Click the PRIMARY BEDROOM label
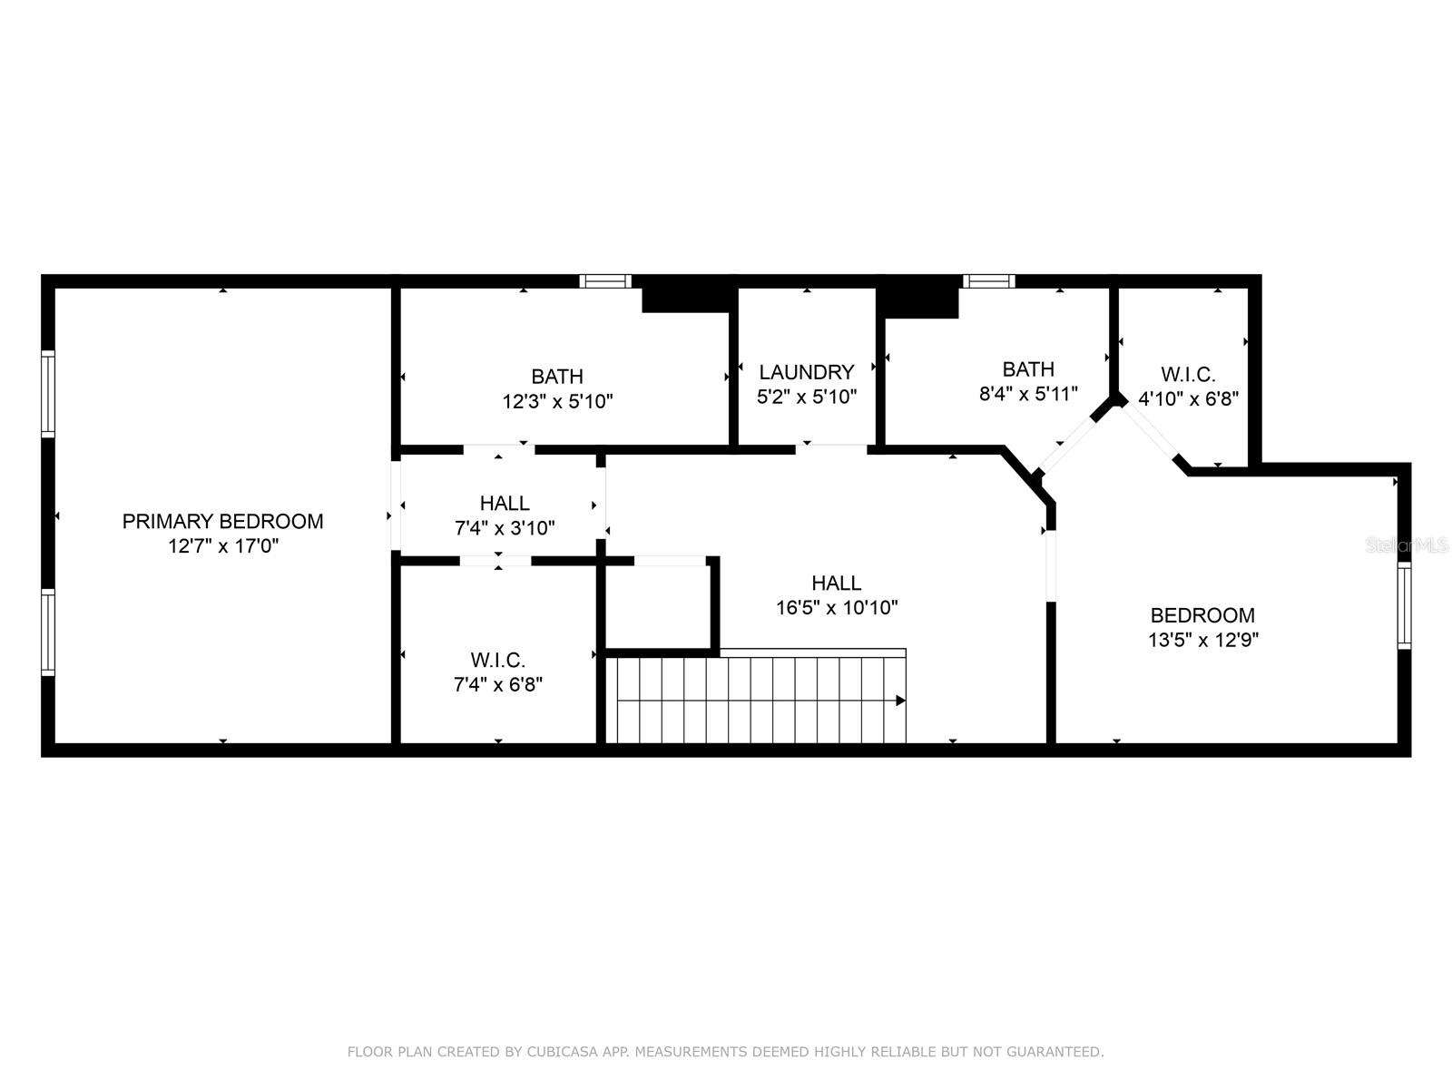pyautogui.click(x=223, y=521)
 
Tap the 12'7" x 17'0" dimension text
pyautogui.click(x=223, y=546)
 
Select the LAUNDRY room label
pyautogui.click(x=807, y=371)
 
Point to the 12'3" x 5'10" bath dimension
pyautogui.click(x=557, y=401)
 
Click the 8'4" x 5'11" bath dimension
pyautogui.click(x=1028, y=394)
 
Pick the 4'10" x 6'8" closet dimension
pyautogui.click(x=1188, y=398)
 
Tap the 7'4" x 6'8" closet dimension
pyautogui.click(x=498, y=683)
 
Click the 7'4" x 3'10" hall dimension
pyautogui.click(x=504, y=527)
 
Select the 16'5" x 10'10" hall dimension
pyautogui.click(x=837, y=607)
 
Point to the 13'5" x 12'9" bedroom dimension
pyautogui.click(x=1202, y=640)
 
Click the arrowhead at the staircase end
pyautogui.click(x=900, y=701)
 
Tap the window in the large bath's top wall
pyautogui.click(x=605, y=281)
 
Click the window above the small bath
pyautogui.click(x=988, y=281)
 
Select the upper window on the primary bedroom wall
pyautogui.click(x=47, y=394)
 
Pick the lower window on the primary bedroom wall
pyautogui.click(x=47, y=633)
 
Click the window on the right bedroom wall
pyautogui.click(x=1404, y=605)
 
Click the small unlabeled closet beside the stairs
pyautogui.click(x=658, y=607)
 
